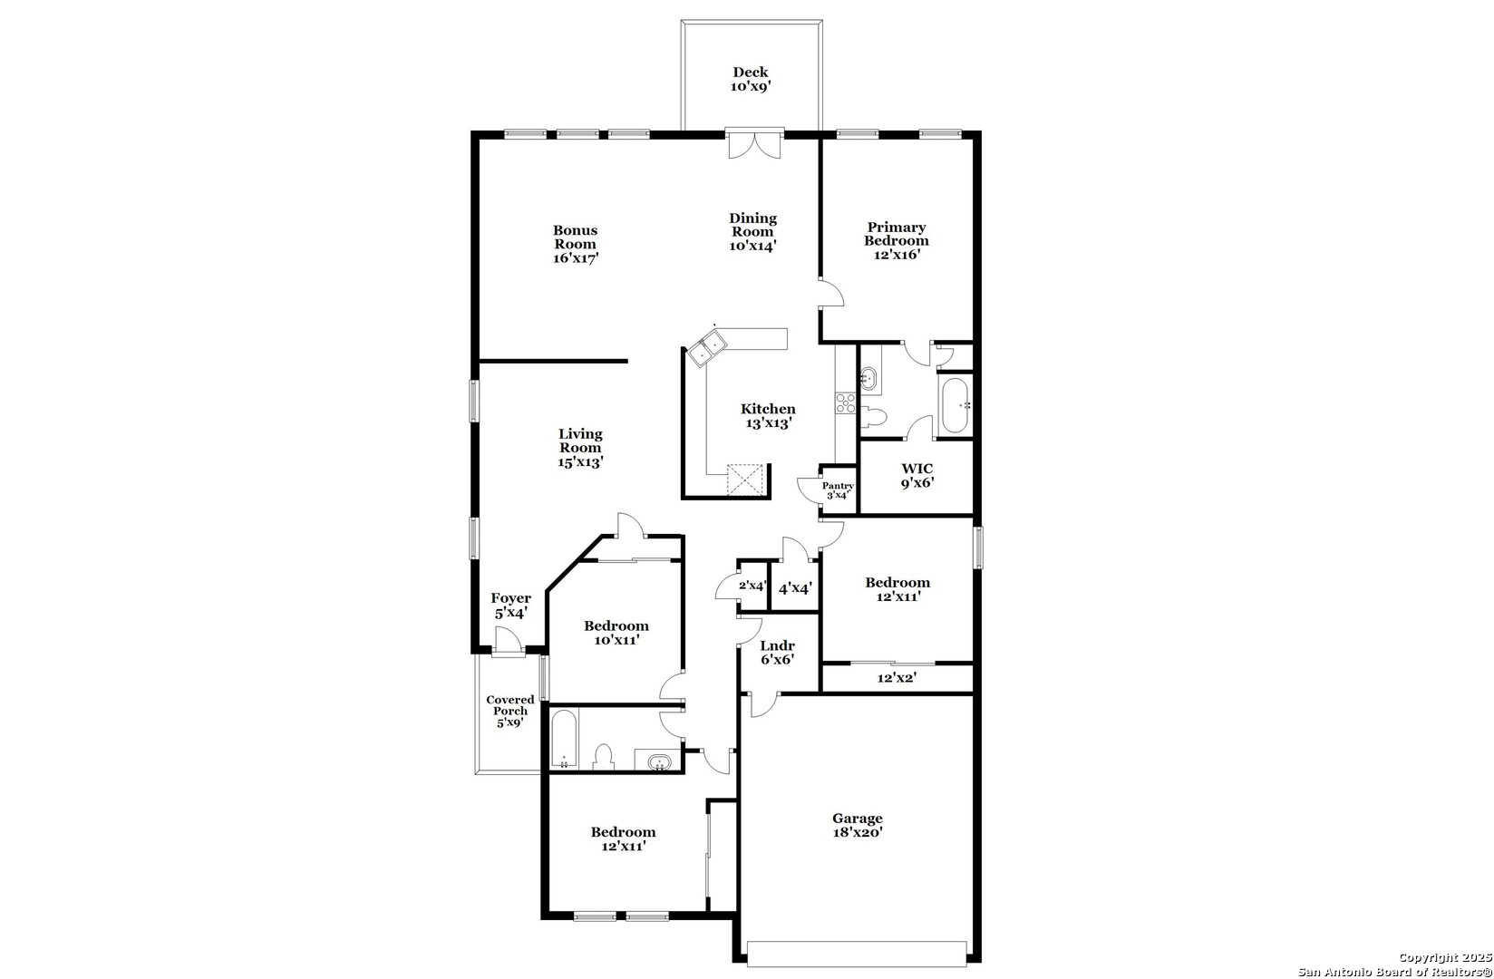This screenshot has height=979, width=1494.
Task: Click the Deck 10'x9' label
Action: [x=751, y=79]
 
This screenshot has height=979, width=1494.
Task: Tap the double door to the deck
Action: [x=753, y=144]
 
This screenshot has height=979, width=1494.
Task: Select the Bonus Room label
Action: [x=576, y=244]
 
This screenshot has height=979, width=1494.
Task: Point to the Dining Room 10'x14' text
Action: [x=753, y=232]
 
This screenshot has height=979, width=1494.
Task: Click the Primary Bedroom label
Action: [x=897, y=241]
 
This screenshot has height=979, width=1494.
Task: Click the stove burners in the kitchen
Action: [x=845, y=402]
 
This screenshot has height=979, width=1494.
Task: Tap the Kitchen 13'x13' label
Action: [x=769, y=415]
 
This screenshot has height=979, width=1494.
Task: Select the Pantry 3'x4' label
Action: [x=838, y=490]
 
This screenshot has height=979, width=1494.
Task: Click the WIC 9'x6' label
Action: [x=917, y=476]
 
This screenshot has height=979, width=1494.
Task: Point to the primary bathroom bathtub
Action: [x=956, y=406]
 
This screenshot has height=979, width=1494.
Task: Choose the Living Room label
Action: [x=580, y=448]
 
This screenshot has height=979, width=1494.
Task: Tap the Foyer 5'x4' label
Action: [x=511, y=606]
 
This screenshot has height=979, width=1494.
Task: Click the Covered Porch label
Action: [x=510, y=711]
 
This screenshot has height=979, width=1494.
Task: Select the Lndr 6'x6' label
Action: [x=778, y=653]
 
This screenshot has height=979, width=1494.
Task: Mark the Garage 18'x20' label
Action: [x=858, y=825]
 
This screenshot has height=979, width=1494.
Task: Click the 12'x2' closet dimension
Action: [x=897, y=678]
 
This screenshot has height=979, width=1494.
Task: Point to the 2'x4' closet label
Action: [x=752, y=586]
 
